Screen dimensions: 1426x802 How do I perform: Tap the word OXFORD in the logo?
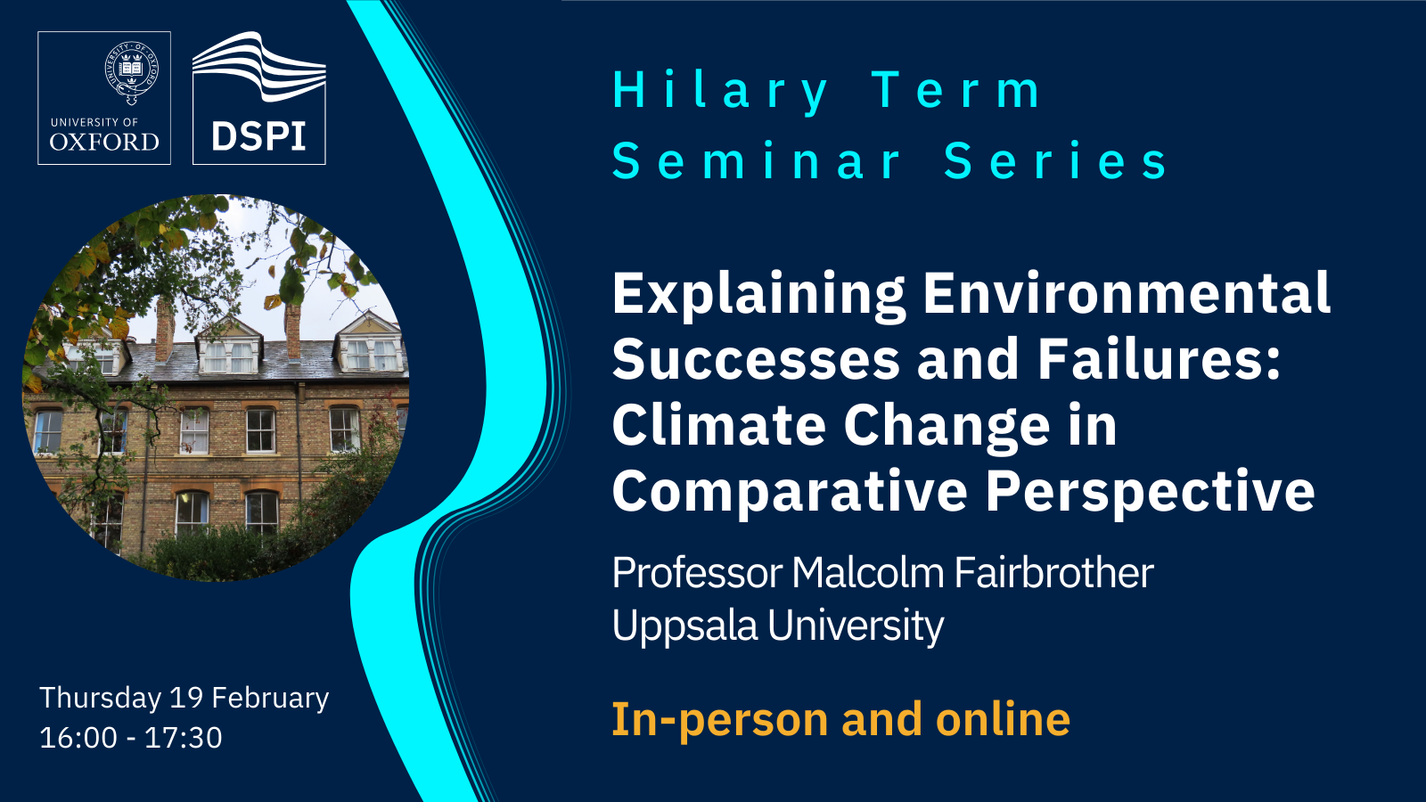tap(104, 142)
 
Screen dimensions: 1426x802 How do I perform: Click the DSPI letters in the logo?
tap(258, 135)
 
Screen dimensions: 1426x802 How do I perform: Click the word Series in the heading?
tap(1055, 161)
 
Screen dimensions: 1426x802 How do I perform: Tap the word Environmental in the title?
tap(1127, 293)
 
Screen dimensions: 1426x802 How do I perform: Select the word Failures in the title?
tap(1160, 359)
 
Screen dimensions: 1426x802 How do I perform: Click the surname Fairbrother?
tap(1053, 573)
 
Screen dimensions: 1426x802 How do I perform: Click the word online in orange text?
tap(1004, 719)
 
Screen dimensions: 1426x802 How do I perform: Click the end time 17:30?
tap(184, 738)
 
